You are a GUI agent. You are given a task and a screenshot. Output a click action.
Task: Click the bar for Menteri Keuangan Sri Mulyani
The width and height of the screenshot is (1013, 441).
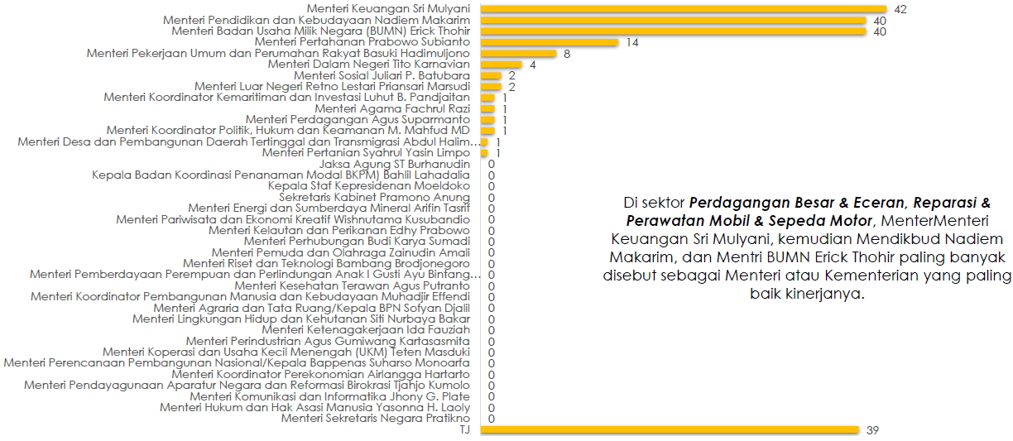pyautogui.click(x=679, y=9)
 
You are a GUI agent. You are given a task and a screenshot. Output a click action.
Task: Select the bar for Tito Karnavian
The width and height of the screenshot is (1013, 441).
pyautogui.click(x=500, y=65)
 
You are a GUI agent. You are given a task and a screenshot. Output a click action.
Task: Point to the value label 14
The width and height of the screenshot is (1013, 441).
pyautogui.click(x=632, y=42)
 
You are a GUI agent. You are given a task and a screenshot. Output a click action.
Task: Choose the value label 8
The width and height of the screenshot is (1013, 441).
pyautogui.click(x=566, y=53)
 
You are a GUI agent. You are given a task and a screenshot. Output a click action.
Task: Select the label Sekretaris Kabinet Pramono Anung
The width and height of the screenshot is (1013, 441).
pyautogui.click(x=374, y=197)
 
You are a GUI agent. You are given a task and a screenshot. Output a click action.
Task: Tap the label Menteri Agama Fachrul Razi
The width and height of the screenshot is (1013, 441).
pyautogui.click(x=392, y=108)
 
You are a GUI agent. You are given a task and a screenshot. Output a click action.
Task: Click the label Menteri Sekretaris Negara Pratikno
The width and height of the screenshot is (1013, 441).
pyautogui.click(x=376, y=418)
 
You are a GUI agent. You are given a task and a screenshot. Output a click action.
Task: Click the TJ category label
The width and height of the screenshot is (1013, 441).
pyautogui.click(x=464, y=429)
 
